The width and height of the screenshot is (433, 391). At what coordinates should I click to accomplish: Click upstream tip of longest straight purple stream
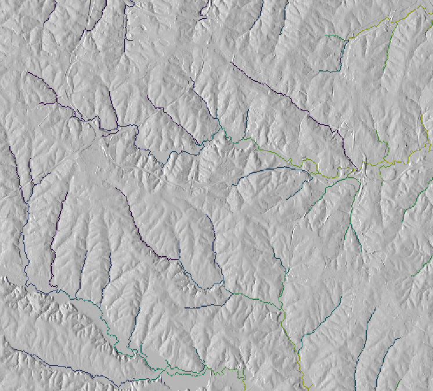(232, 62)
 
